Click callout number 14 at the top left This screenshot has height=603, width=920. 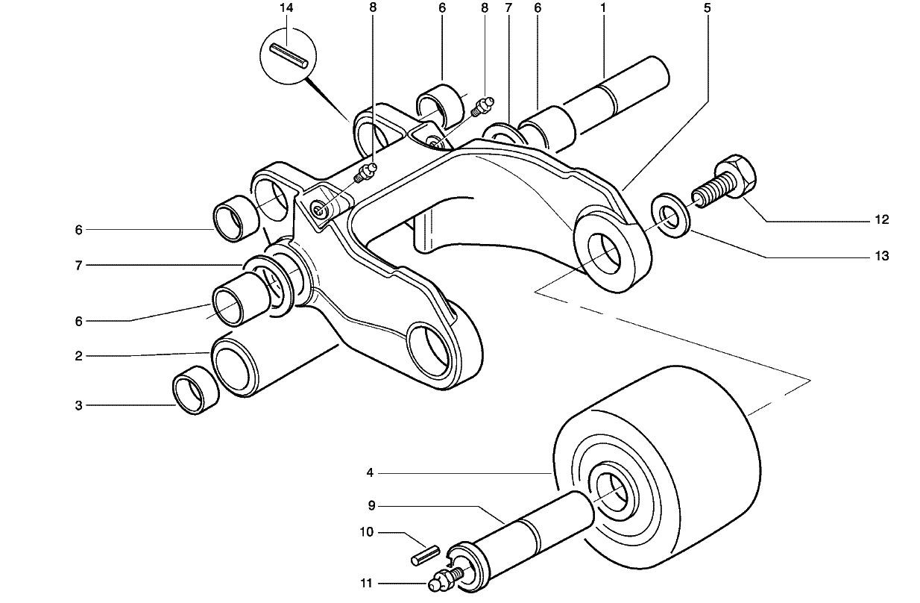[x=287, y=8]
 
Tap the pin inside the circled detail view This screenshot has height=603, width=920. [x=289, y=57]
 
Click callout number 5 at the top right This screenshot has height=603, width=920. [x=707, y=8]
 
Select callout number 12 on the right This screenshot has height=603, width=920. [x=882, y=220]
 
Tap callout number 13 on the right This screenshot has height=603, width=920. [x=882, y=256]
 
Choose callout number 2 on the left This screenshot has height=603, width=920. [x=78, y=356]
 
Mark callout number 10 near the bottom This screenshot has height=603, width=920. [x=366, y=533]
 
